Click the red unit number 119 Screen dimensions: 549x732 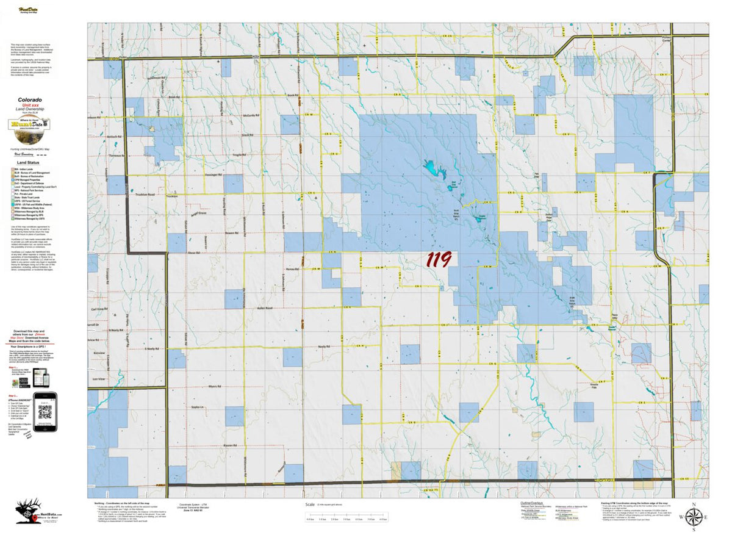(x=439, y=260)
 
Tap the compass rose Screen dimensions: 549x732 (x=693, y=518)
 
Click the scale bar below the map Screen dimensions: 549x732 (x=346, y=516)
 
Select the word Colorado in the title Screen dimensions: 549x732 (x=29, y=99)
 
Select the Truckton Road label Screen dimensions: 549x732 (x=143, y=195)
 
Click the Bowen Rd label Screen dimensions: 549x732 (x=231, y=233)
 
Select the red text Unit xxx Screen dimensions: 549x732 (x=29, y=105)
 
